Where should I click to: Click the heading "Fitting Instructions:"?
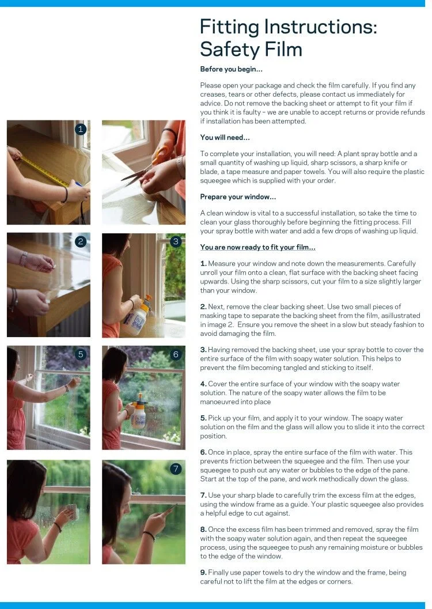coord(289,27)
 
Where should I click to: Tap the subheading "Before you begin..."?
coord(232,69)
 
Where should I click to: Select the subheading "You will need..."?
coord(225,137)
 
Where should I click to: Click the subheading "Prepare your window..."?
coord(238,196)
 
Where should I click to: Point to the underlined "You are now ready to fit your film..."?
coord(257,247)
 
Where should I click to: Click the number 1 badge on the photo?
coord(80,129)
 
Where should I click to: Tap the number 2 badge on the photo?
coord(80,241)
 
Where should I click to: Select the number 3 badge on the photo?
coord(176,241)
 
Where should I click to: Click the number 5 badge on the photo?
coord(80,354)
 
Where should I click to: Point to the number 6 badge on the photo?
coord(176,354)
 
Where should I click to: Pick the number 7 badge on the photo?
coord(176,469)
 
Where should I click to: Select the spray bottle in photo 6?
coord(139,411)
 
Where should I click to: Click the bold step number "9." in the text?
coord(203,572)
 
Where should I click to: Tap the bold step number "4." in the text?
coord(203,384)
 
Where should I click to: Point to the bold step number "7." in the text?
coord(203,495)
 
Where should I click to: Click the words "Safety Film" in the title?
coord(251,50)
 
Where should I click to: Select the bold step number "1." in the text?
coord(203,263)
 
